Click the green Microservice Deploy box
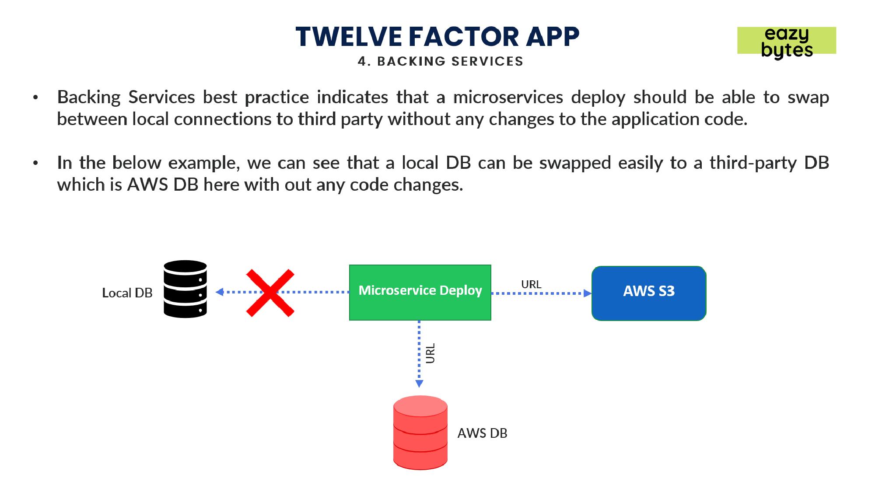pos(420,292)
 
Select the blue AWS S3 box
pos(649,293)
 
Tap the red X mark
pos(270,293)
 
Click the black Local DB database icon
pos(185,289)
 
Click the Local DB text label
pos(127,293)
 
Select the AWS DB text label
pos(482,433)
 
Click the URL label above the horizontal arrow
pos(531,284)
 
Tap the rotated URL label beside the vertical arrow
pos(430,353)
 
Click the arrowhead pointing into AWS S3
pos(588,293)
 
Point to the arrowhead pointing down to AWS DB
pos(419,384)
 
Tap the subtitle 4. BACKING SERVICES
pos(440,61)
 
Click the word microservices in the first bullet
pos(508,97)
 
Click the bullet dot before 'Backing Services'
pos(35,98)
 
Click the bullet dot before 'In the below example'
pos(35,164)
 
